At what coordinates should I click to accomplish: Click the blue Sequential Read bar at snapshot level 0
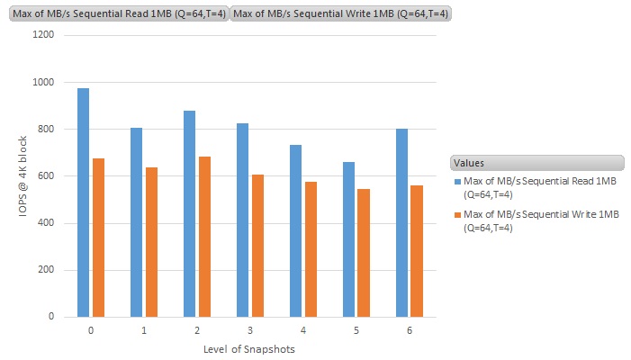click(83, 202)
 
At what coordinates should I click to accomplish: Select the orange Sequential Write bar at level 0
click(98, 238)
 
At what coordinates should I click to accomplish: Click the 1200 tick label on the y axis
click(43, 35)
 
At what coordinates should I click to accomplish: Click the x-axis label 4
click(303, 331)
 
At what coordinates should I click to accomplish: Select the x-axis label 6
click(410, 331)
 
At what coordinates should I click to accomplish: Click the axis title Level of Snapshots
click(250, 349)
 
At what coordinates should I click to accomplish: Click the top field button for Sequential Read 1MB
click(118, 13)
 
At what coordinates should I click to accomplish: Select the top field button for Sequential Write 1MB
click(342, 13)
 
